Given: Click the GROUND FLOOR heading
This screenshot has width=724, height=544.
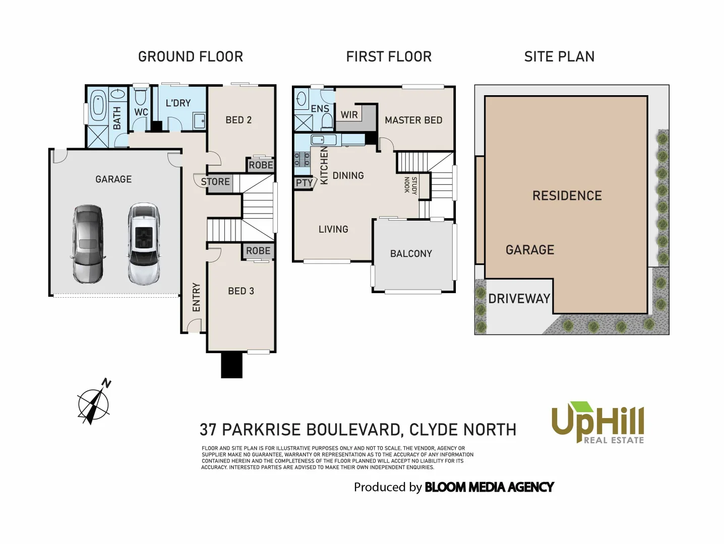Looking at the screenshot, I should click(191, 56).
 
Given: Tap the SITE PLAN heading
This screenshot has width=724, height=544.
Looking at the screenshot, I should click(559, 56).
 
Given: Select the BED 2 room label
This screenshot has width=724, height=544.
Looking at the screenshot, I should click(238, 120).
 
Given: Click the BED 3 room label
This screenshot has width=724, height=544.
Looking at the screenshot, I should click(241, 291).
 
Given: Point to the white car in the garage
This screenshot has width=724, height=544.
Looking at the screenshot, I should click(143, 244).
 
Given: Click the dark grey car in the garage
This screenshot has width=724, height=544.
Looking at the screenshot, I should click(88, 244).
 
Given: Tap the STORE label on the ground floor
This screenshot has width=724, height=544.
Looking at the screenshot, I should click(215, 182).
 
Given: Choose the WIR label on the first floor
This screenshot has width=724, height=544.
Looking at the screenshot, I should click(349, 115).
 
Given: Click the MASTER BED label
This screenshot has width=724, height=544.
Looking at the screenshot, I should click(413, 120).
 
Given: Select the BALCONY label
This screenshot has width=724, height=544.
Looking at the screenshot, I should click(411, 254).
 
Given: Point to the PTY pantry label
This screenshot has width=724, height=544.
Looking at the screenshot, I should click(304, 183).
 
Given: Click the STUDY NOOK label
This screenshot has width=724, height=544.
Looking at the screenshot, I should click(410, 185).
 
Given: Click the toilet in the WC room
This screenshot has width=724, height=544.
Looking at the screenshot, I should click(140, 96).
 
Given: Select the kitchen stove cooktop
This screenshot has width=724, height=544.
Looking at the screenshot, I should click(302, 159).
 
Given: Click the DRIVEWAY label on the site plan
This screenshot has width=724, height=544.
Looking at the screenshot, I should click(519, 299).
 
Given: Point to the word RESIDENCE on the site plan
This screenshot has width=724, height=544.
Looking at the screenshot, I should click(567, 196).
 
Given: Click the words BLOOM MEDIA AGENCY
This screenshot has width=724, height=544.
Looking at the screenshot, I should click(489, 487).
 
